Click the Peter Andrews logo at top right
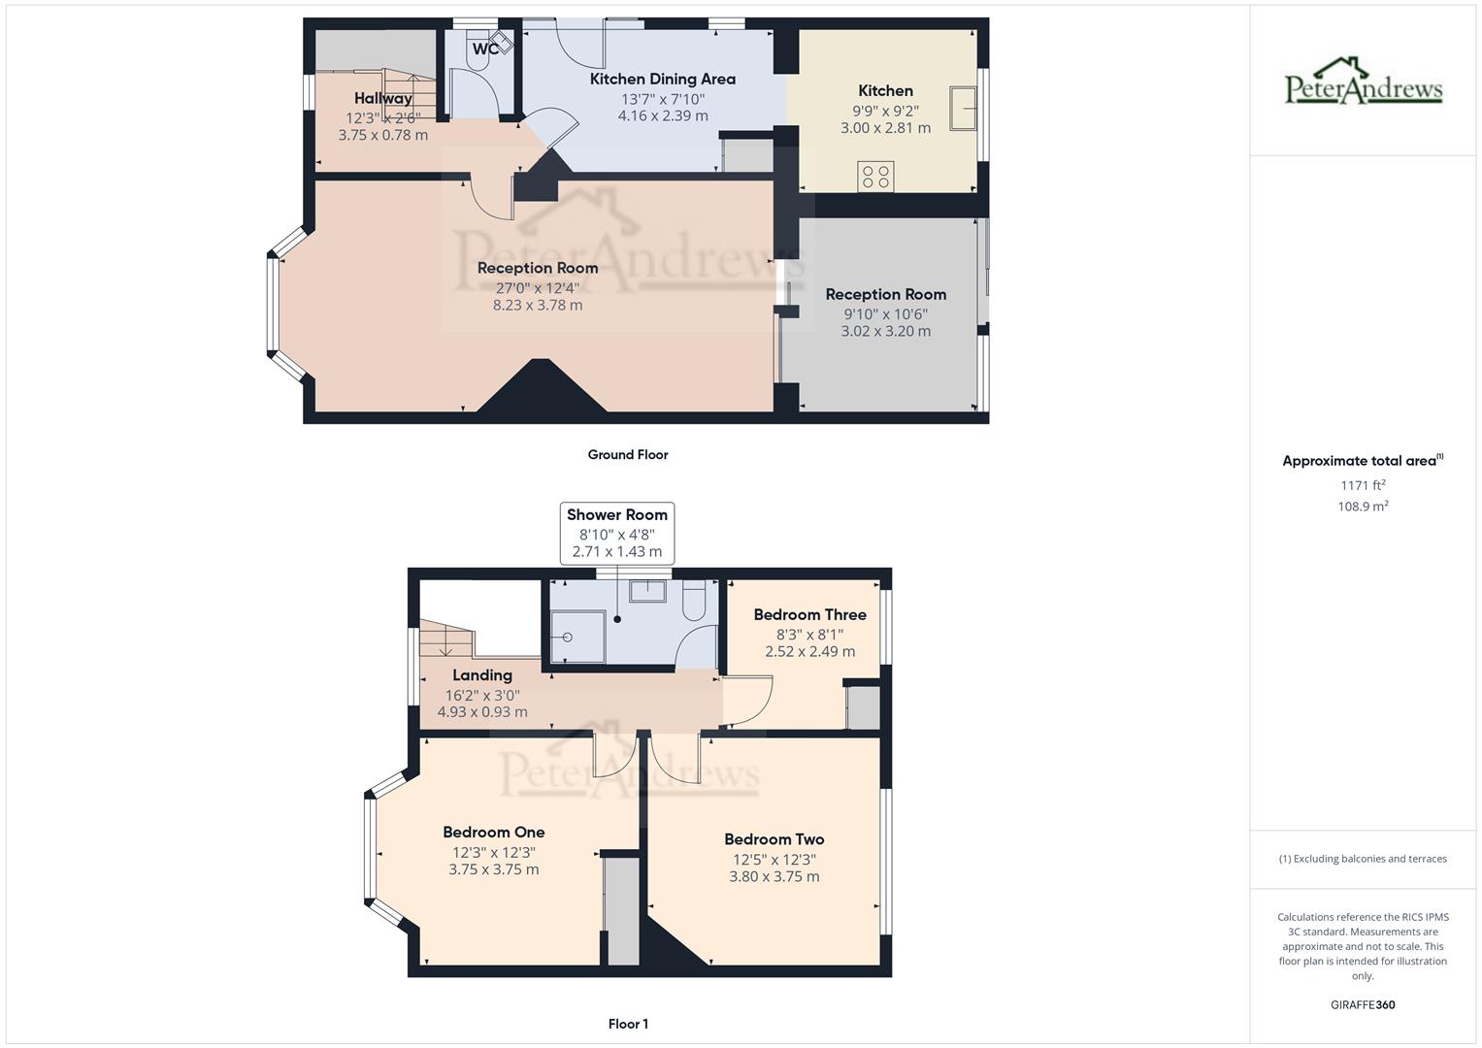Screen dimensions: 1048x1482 tap(1364, 82)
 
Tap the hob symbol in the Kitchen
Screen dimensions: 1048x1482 tap(875, 177)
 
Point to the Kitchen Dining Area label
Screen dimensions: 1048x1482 tap(663, 79)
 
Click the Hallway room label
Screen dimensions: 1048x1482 tap(383, 98)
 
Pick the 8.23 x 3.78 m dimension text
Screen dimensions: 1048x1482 tap(538, 305)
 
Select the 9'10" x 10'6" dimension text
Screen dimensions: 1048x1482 tap(885, 313)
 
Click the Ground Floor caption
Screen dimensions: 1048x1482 tap(628, 454)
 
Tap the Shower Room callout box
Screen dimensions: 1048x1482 tap(617, 533)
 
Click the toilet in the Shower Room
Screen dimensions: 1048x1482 tap(694, 601)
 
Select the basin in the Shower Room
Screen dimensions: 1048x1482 tap(647, 590)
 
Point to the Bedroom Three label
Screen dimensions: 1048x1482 tap(809, 614)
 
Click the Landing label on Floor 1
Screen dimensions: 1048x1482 tap(482, 675)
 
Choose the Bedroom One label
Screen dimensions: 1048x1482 tap(493, 832)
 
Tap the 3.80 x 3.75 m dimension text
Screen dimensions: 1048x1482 tap(774, 876)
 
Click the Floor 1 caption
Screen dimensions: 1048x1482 tap(628, 1024)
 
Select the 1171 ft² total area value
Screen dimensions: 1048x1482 tap(1363, 484)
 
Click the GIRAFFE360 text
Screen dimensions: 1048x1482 tap(1363, 1004)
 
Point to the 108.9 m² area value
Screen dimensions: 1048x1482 tap(1363, 506)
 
